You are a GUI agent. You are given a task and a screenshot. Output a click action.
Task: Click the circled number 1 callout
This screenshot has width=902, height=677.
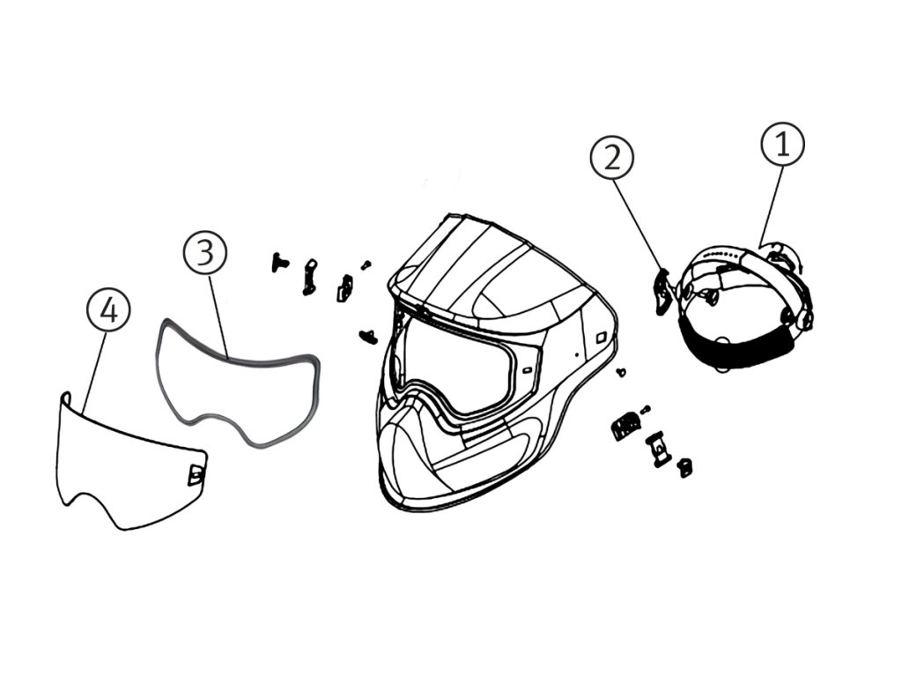coord(782,145)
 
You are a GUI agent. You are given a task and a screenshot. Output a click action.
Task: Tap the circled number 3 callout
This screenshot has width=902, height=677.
coord(204,253)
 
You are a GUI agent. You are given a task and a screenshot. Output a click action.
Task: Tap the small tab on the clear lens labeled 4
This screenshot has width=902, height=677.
coord(196,475)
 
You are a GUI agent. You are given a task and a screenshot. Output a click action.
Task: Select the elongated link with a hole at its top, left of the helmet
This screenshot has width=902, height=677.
coord(309,276)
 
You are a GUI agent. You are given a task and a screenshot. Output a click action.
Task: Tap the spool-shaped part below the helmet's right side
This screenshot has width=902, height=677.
coord(657,449)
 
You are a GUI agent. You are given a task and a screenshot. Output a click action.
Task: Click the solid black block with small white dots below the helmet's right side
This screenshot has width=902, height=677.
coord(625,428)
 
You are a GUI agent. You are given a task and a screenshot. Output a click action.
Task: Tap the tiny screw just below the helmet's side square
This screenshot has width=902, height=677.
coord(622,372)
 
